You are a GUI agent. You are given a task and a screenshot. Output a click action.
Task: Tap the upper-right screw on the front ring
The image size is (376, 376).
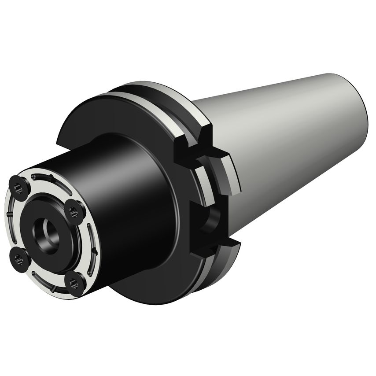[72, 212]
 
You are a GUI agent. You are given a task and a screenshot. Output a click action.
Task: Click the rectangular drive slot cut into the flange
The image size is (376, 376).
[207, 220]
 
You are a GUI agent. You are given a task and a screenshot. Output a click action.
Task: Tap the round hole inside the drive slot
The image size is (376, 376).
[213, 218]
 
